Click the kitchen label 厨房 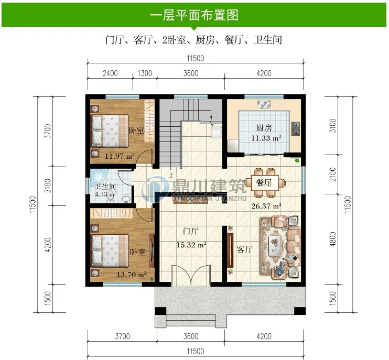coord(264,128)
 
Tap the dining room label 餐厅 coord(264,183)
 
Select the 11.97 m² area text coord(120,156)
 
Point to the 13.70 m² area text coord(132,275)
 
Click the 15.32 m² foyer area coord(191,245)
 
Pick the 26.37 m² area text coord(266,206)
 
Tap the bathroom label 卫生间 coord(105,187)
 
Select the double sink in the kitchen coord(264,105)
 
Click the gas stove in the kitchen coord(295,129)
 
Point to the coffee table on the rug coord(275,244)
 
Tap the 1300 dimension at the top coord(145,73)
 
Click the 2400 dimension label coord(110,73)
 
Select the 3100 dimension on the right coord(333,126)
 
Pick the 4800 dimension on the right coord(333,239)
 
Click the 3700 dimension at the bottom coord(122,336)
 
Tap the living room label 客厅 coord(245,249)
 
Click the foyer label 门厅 coord(191,231)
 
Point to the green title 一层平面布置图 coord(194,15)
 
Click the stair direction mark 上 coord(171,176)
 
